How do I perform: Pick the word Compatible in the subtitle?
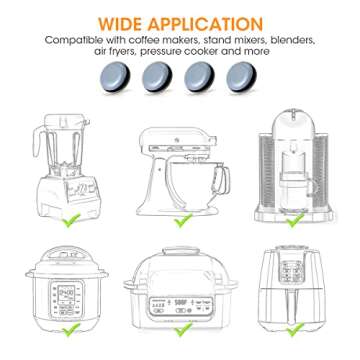click(73, 41)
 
